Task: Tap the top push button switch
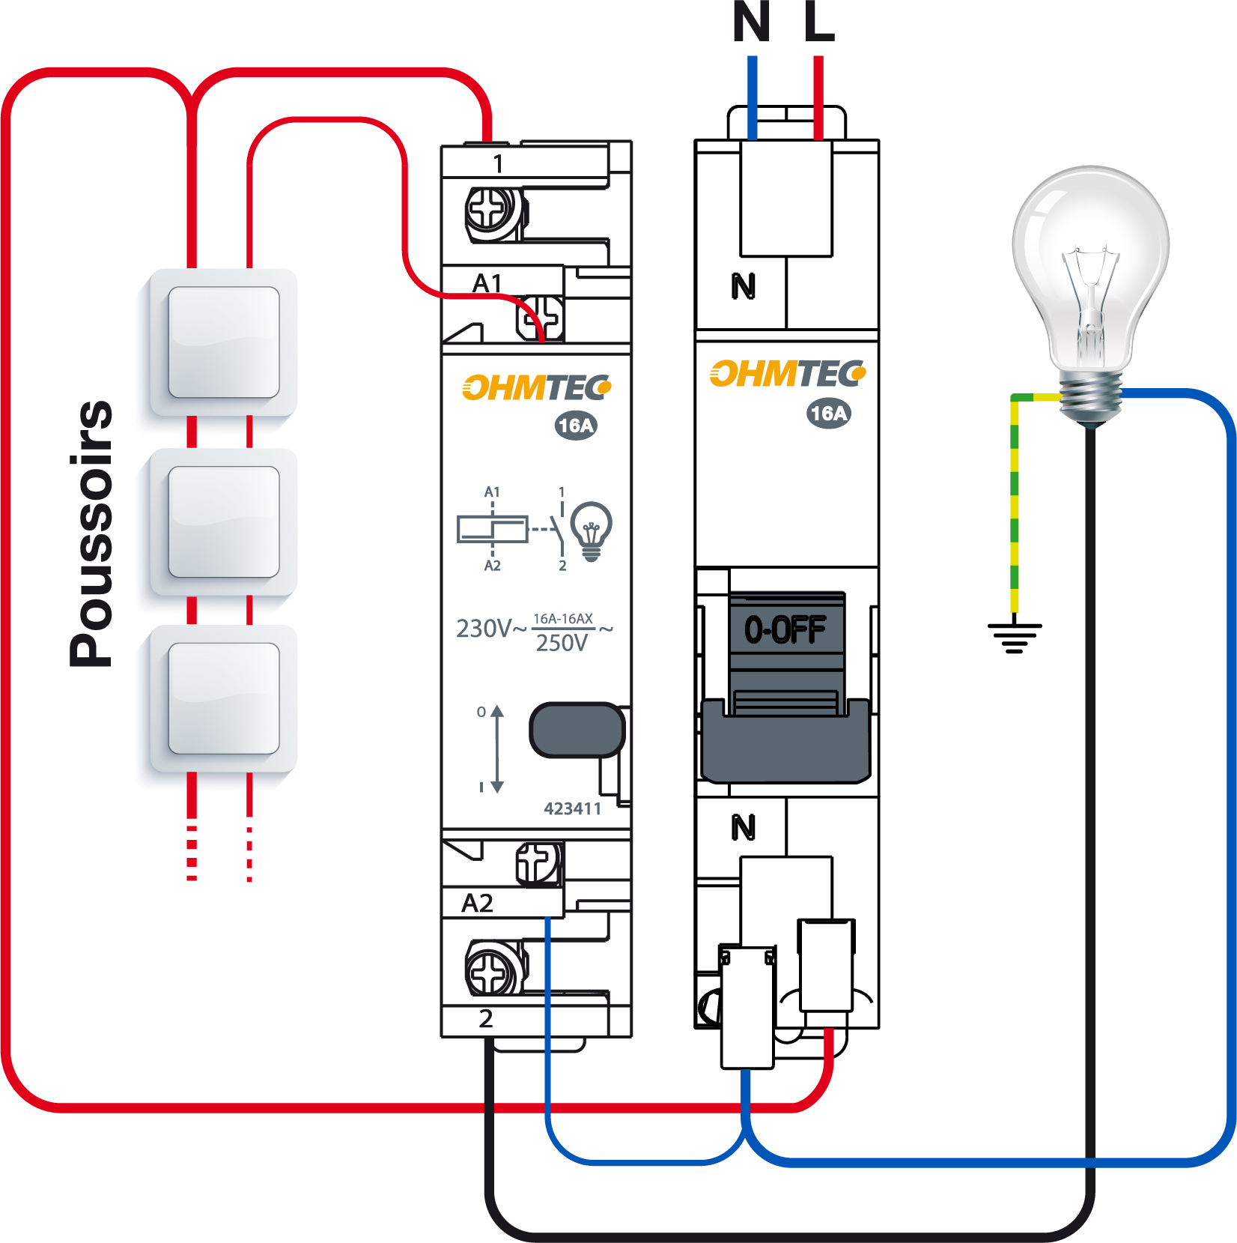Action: [x=224, y=342]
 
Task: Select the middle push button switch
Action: [x=224, y=521]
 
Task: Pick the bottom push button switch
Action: [x=224, y=698]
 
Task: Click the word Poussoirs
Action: [x=91, y=533]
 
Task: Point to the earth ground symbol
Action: [x=1015, y=638]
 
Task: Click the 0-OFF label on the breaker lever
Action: [x=785, y=629]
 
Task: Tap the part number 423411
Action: [x=572, y=808]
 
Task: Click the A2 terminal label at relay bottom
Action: [x=478, y=903]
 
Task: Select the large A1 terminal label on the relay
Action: [x=487, y=283]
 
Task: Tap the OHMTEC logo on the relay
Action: [x=537, y=387]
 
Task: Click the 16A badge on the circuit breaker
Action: [x=829, y=413]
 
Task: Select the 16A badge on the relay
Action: [x=576, y=426]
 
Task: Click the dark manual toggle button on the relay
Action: [x=577, y=730]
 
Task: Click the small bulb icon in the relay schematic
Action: [x=592, y=529]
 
